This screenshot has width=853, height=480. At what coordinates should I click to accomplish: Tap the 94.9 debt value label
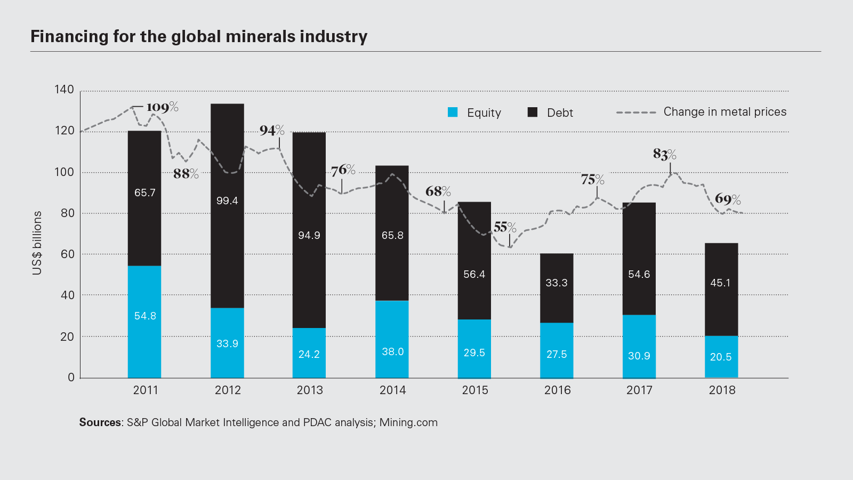(x=309, y=235)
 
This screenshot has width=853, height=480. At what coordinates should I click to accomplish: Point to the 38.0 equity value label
(x=392, y=351)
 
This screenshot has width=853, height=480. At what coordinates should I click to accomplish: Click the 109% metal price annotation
(x=162, y=107)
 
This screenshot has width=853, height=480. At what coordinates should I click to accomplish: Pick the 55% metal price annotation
(x=504, y=227)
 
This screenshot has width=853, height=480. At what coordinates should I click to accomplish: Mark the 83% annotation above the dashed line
(x=664, y=154)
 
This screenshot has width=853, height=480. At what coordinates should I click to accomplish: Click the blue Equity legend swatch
(x=453, y=112)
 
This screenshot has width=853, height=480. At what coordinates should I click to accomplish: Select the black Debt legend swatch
(x=532, y=112)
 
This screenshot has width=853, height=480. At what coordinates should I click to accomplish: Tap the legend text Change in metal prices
(x=725, y=112)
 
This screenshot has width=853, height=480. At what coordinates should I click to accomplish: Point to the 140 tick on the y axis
(x=65, y=90)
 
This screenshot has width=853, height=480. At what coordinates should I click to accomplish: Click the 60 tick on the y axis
(x=68, y=254)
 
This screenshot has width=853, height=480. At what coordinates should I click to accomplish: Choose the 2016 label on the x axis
(x=557, y=390)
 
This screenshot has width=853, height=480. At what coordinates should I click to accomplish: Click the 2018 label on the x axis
(x=722, y=390)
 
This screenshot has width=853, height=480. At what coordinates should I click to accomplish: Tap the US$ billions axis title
(x=37, y=243)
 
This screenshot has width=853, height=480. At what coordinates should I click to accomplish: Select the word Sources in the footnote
(x=100, y=422)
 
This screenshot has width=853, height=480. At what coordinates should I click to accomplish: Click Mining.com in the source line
(x=408, y=422)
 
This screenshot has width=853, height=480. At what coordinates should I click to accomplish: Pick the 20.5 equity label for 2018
(x=721, y=357)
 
